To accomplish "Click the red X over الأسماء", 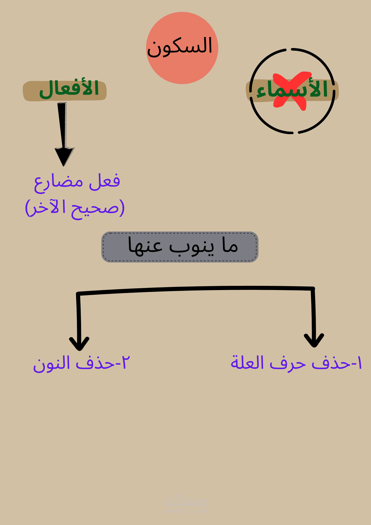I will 290,91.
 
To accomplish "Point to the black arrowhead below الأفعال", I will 64,156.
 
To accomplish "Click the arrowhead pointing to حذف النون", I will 79,344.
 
